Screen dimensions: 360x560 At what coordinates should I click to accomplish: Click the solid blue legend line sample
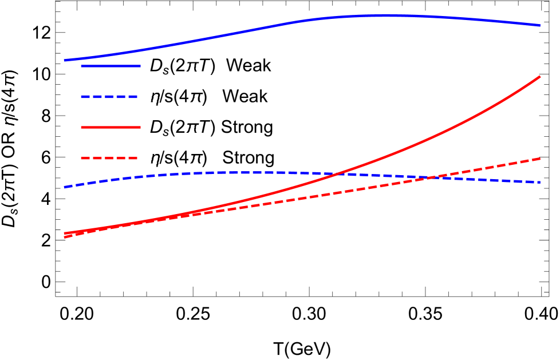tap(111, 66)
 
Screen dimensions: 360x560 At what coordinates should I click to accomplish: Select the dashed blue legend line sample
tap(109, 97)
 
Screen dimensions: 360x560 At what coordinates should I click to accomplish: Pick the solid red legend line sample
tap(111, 127)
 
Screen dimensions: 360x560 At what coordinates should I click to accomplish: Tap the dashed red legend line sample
tap(109, 158)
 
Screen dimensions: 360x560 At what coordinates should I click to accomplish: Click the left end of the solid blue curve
tap(65, 60)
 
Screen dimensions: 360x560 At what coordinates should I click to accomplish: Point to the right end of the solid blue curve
tap(540, 25)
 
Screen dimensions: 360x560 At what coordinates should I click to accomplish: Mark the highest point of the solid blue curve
tap(387, 15)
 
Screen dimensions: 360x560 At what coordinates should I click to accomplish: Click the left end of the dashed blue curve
tap(65, 187)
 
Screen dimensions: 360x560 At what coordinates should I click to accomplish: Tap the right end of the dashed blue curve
tap(540, 183)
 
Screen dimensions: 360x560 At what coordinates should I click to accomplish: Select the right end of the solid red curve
tap(540, 76)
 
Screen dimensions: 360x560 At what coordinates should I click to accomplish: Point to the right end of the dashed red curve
tap(540, 159)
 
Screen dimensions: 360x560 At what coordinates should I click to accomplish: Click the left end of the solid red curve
tap(65, 233)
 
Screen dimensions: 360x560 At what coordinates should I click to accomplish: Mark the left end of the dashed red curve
tap(65, 237)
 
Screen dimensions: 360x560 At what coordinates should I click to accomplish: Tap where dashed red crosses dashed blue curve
tap(427, 178)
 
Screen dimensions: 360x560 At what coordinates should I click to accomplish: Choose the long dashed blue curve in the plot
tap(229, 172)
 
